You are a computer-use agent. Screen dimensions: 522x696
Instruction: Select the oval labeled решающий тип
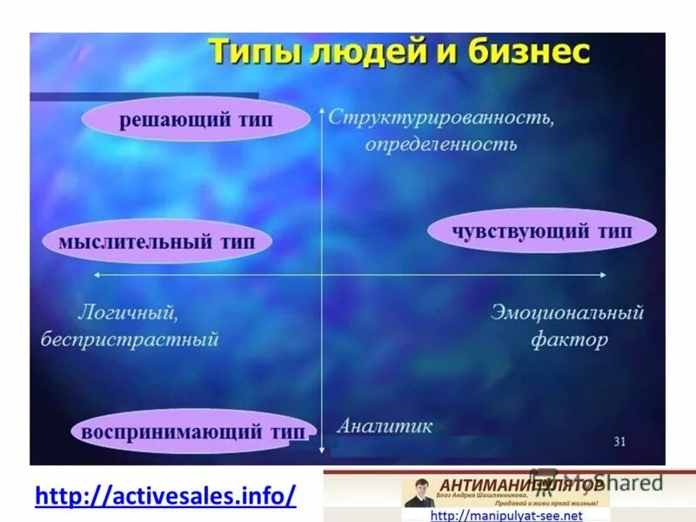(x=196, y=121)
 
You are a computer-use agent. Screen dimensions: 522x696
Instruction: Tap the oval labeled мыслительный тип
(x=157, y=242)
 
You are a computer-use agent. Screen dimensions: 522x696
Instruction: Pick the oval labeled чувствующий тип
(x=541, y=231)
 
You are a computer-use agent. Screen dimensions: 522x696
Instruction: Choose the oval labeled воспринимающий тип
(x=193, y=432)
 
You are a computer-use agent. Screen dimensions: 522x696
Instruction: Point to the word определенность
(x=440, y=144)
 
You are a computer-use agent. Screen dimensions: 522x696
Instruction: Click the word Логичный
(x=129, y=311)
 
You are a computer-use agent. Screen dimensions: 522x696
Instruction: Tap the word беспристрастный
(x=129, y=339)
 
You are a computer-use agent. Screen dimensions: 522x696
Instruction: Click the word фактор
(x=569, y=339)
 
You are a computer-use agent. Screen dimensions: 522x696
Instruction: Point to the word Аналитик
(x=384, y=426)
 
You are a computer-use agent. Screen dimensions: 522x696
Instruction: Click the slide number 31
(x=619, y=441)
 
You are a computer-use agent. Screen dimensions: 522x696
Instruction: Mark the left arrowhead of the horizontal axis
(x=97, y=275)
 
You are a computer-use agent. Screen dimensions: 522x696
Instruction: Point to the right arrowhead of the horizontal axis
(x=603, y=275)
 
